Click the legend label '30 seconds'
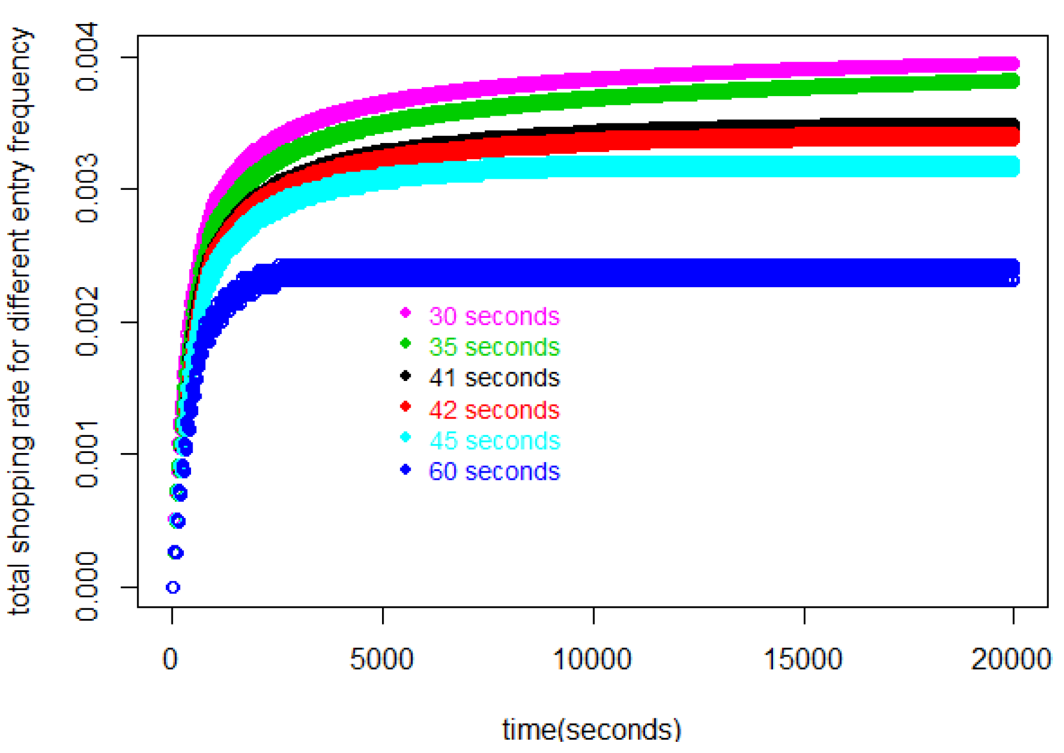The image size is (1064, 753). tap(493, 316)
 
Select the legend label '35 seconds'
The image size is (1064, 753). tap(493, 347)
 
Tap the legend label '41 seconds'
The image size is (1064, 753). tap(493, 378)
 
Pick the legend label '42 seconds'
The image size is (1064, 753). tap(493, 410)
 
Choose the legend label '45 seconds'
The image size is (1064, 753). tap(494, 441)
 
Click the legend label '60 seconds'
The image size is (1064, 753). tap(493, 471)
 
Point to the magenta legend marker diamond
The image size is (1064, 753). tap(405, 312)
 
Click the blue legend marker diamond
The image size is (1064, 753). tap(405, 469)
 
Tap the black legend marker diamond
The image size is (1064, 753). tap(405, 375)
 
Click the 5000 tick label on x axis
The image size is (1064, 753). tap(381, 659)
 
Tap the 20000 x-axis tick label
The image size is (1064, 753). tap(1010, 659)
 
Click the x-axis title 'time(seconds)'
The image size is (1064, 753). tap(591, 729)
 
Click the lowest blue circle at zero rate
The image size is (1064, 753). tap(173, 587)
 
